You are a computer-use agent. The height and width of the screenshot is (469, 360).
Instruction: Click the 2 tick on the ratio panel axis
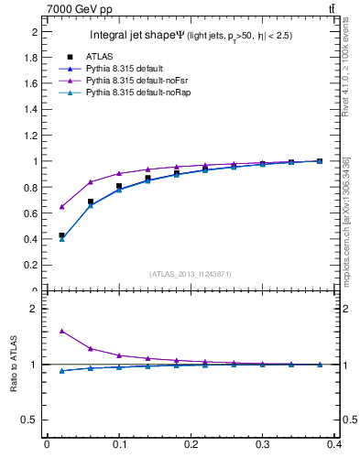click(x=34, y=309)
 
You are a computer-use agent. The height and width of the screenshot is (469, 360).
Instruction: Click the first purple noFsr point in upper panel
click(x=61, y=206)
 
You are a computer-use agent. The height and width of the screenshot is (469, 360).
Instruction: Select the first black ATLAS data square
click(x=61, y=235)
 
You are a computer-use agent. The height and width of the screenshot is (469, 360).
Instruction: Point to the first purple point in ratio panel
click(x=61, y=331)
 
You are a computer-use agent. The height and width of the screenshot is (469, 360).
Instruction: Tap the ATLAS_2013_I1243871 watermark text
click(x=191, y=274)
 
